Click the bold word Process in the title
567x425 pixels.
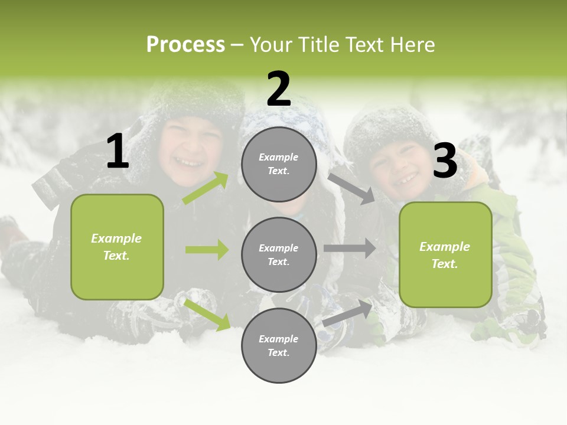click(x=185, y=45)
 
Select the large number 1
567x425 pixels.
click(x=118, y=152)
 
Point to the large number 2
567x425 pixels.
click(x=279, y=89)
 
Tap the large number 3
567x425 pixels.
click(x=445, y=161)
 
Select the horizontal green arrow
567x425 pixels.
click(x=207, y=250)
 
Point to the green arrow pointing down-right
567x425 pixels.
click(x=207, y=314)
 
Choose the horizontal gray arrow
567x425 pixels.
click(x=349, y=249)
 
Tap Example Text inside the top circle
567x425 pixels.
click(x=279, y=164)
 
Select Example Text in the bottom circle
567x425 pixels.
click(x=279, y=346)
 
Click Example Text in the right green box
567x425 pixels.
click(x=445, y=255)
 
